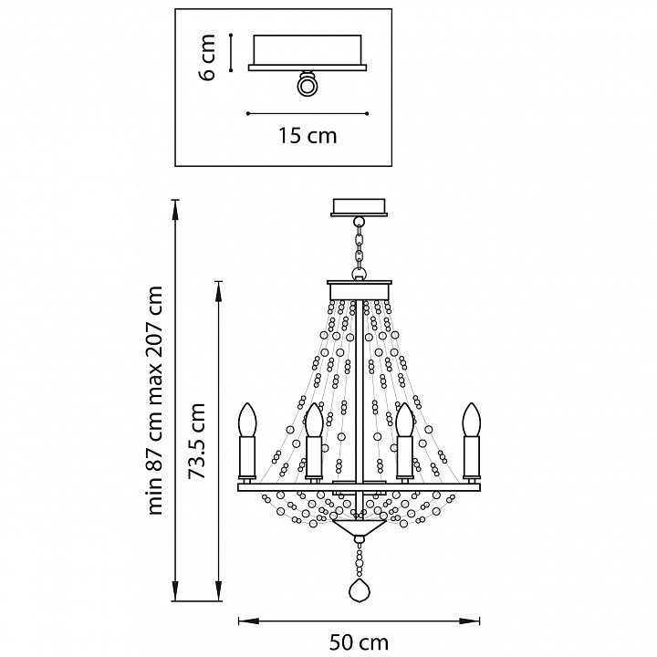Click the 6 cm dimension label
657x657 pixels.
[x=208, y=57]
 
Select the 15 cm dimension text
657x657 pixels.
[x=307, y=136]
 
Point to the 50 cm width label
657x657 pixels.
[x=358, y=641]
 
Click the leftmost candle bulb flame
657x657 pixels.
[x=247, y=421]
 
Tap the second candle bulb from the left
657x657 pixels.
[x=313, y=422]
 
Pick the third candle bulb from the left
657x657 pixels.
[x=404, y=422]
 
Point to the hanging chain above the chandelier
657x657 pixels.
[x=360, y=247]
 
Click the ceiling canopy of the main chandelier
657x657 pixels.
[x=360, y=207]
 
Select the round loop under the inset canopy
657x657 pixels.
[x=307, y=84]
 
